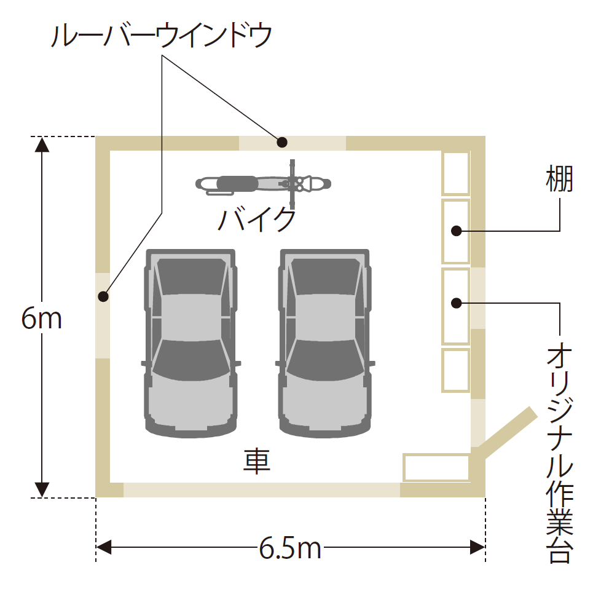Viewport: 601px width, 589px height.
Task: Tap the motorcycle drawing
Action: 263,183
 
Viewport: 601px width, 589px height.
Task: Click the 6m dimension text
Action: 41,318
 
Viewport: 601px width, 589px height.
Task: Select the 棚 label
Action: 559,180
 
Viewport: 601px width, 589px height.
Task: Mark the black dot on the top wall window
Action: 282,142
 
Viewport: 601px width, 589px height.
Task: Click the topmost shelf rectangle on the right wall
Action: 456,173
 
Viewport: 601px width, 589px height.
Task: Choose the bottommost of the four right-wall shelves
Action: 456,370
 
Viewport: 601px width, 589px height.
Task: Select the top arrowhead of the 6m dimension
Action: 41,145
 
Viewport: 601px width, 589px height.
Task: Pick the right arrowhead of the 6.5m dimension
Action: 477,547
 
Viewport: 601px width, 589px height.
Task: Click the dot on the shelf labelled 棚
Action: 456,231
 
